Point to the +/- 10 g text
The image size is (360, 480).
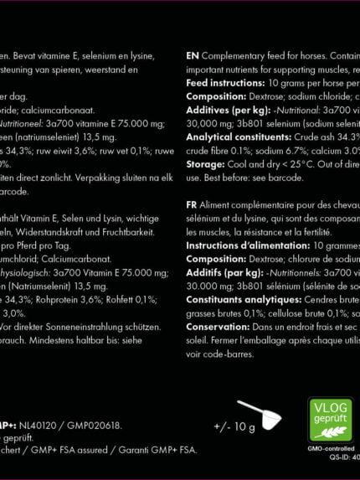(x=234, y=426)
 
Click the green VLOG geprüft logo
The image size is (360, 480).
(x=330, y=419)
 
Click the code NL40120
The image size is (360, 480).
(x=38, y=426)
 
